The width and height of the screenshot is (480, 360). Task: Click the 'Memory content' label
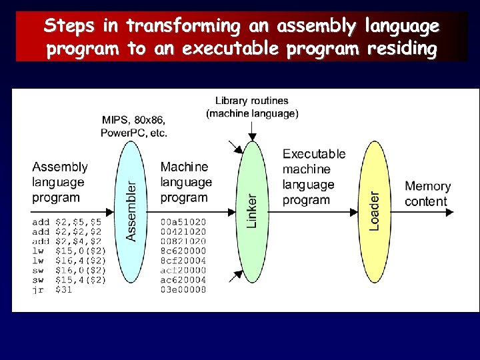pyautogui.click(x=427, y=194)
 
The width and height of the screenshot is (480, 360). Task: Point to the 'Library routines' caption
pyautogui.click(x=251, y=101)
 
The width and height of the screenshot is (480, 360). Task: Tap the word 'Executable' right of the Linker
pyautogui.click(x=314, y=154)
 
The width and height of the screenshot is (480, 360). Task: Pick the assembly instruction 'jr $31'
pyautogui.click(x=51, y=289)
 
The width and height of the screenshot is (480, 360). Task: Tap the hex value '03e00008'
pyautogui.click(x=183, y=289)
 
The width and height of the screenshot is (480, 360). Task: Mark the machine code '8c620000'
pyautogui.click(x=183, y=250)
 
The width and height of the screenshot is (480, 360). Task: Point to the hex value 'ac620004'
pyautogui.click(x=183, y=279)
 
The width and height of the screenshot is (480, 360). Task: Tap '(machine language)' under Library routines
pyautogui.click(x=252, y=113)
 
